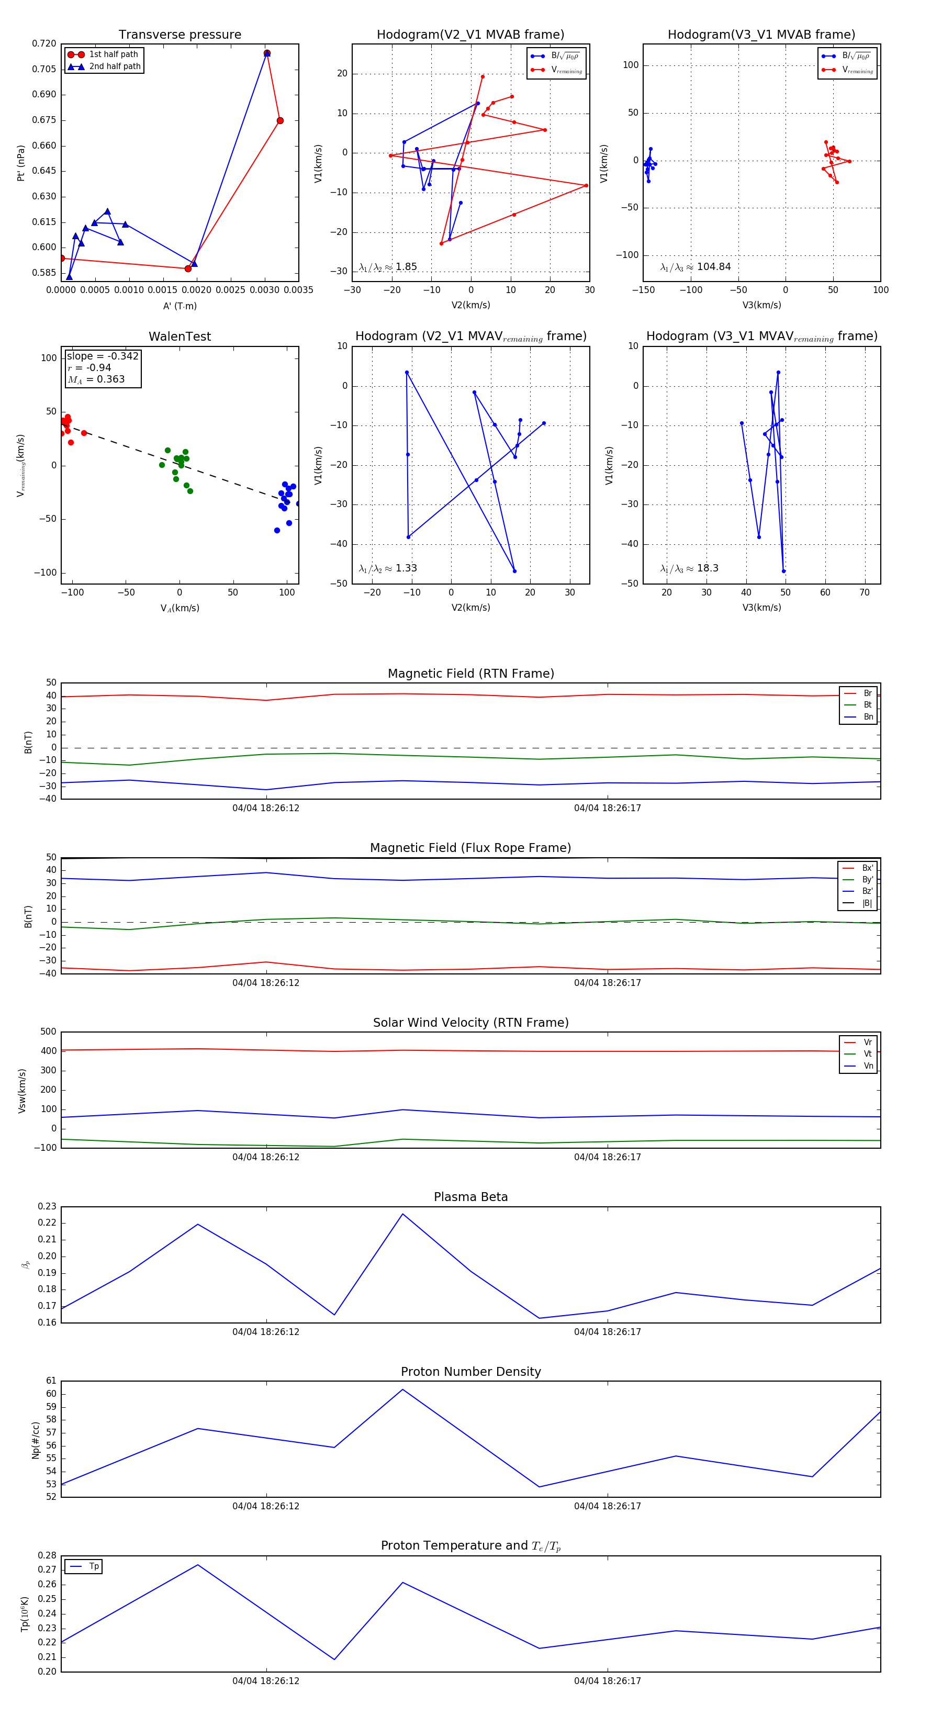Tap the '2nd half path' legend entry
pyautogui.click(x=115, y=66)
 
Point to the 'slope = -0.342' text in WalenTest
pyautogui.click(x=103, y=356)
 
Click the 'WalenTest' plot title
pyautogui.click(x=180, y=337)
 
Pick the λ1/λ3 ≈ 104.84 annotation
pyautogui.click(x=696, y=267)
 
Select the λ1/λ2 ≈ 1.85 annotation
pyautogui.click(x=387, y=267)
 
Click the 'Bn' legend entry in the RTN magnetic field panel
pyautogui.click(x=868, y=716)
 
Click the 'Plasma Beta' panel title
pyautogui.click(x=470, y=1197)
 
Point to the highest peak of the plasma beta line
pyautogui.click(x=402, y=1214)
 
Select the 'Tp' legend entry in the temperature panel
pyautogui.click(x=94, y=1566)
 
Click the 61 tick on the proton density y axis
pyautogui.click(x=51, y=1381)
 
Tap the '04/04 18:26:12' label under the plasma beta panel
pyautogui.click(x=265, y=1331)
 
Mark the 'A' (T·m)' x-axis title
pyautogui.click(x=180, y=306)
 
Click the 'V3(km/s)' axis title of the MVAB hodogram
pyautogui.click(x=761, y=305)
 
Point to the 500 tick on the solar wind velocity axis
pyautogui.click(x=48, y=1032)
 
